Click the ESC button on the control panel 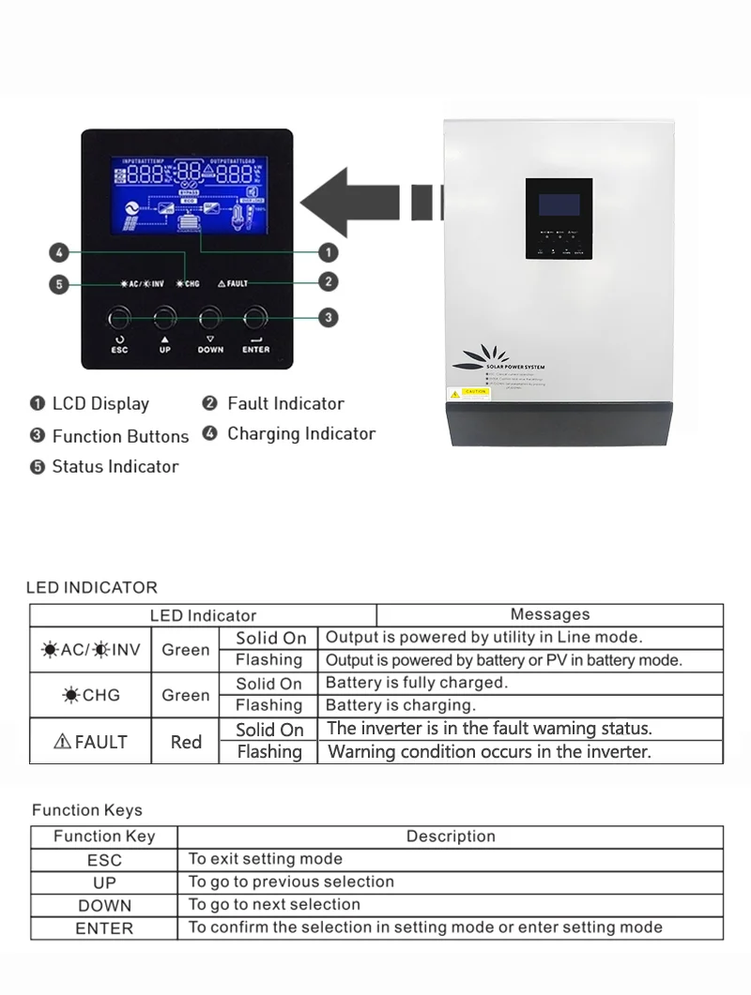click(x=119, y=318)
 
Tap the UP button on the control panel click(x=165, y=318)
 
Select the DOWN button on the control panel click(x=210, y=318)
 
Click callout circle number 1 click(x=329, y=251)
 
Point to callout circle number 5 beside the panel click(x=59, y=283)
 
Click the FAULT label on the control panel click(x=233, y=282)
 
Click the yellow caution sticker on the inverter click(x=474, y=391)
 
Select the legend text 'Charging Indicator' click(x=301, y=433)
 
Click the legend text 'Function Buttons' click(x=120, y=436)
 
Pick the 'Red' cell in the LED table click(x=186, y=742)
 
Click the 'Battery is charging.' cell click(x=401, y=705)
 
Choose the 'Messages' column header click(x=549, y=614)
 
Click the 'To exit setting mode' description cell click(x=266, y=858)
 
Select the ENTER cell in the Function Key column click(x=104, y=928)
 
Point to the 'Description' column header click(x=451, y=837)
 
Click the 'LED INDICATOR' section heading click(x=92, y=588)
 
